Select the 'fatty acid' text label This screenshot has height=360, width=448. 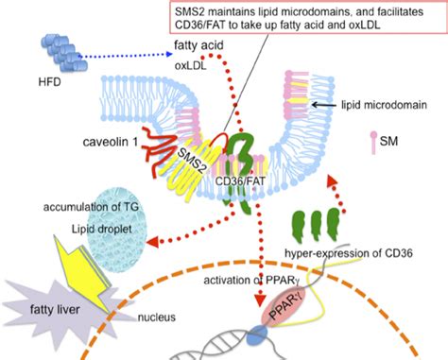pyautogui.click(x=198, y=48)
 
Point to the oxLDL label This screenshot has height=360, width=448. pyautogui.click(x=190, y=67)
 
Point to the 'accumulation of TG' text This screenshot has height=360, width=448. pyautogui.click(x=93, y=207)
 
